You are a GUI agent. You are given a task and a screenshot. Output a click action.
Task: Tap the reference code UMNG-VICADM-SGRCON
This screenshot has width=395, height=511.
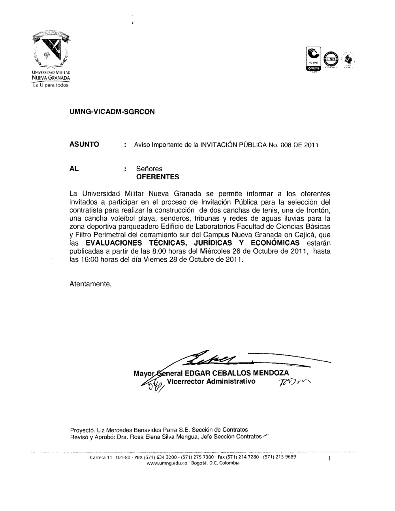(x=112, y=112)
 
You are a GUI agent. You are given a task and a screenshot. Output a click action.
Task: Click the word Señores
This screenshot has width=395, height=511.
(x=149, y=169)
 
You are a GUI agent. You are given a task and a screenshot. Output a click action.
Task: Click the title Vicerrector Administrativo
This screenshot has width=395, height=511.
(x=211, y=381)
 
